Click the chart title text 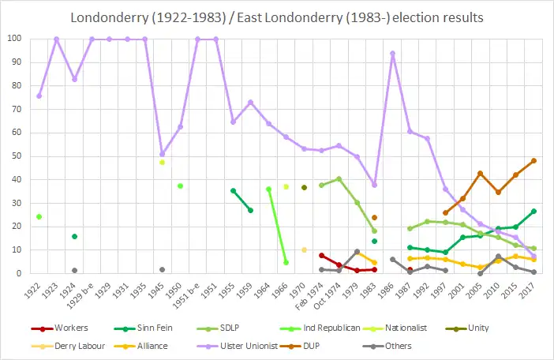pyautogui.click(x=277, y=17)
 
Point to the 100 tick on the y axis pyautogui.click(x=15, y=39)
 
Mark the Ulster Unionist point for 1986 pyautogui.click(x=392, y=53)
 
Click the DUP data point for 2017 pyautogui.click(x=533, y=160)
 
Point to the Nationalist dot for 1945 pyautogui.click(x=162, y=162)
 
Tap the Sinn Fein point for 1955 pyautogui.click(x=233, y=190)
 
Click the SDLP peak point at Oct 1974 pyautogui.click(x=339, y=178)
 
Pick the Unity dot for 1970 pyautogui.click(x=304, y=187)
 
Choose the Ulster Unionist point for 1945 pyautogui.click(x=163, y=154)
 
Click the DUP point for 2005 pyautogui.click(x=481, y=173)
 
